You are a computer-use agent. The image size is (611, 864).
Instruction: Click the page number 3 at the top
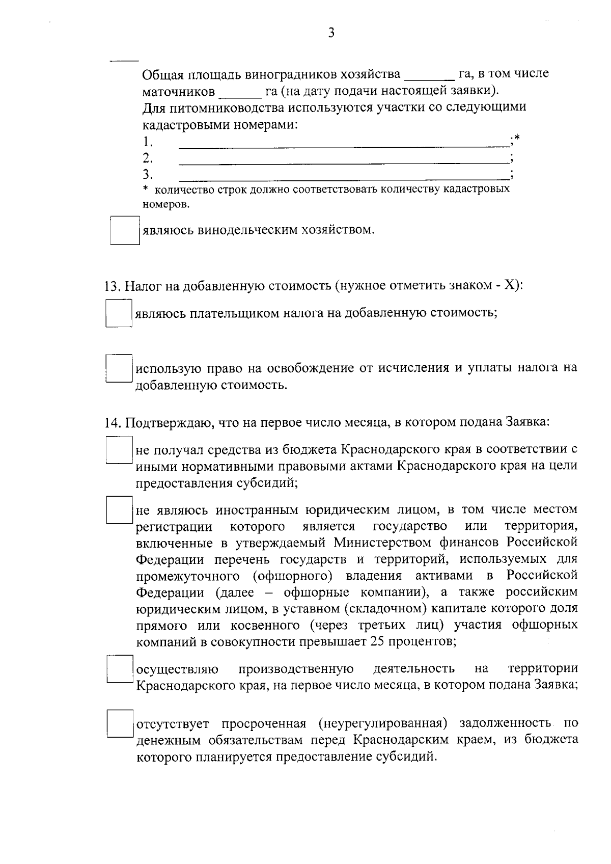click(x=331, y=34)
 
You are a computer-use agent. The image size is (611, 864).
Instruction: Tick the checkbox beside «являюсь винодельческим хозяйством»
click(x=125, y=231)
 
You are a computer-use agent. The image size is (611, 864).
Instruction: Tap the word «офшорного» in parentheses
click(x=291, y=576)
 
